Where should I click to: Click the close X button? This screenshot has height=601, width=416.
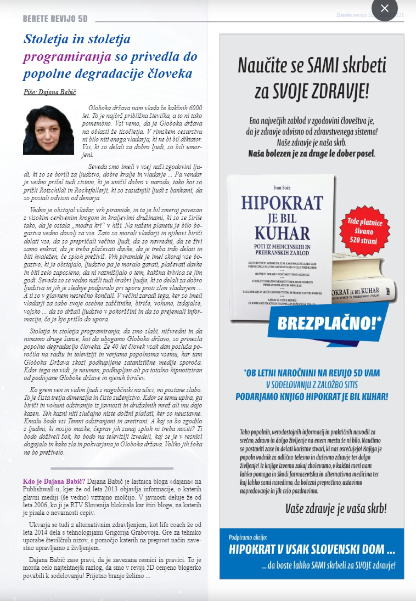pos(385,8)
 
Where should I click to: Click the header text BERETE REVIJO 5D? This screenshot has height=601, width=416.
pos(55,19)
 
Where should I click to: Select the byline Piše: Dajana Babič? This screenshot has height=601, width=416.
pos(49,92)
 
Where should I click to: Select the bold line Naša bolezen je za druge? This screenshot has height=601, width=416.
pos(312,154)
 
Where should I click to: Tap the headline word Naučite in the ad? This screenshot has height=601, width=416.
pos(261,66)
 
